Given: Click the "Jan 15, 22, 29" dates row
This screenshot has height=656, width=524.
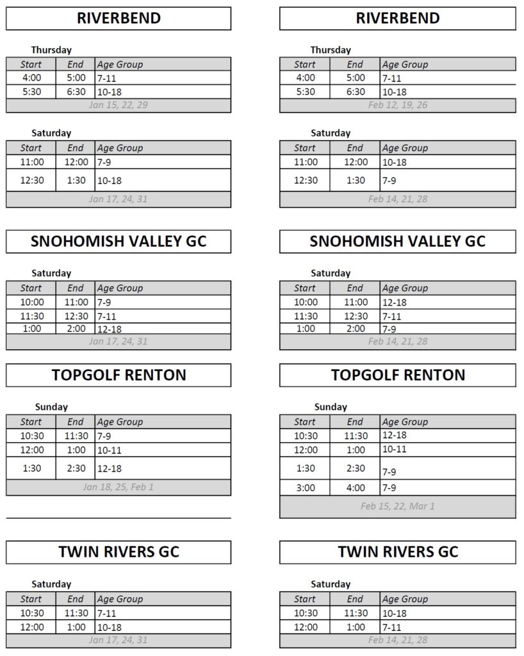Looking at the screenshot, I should [x=119, y=105].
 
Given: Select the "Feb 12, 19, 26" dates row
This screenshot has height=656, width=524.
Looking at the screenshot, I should [x=397, y=105].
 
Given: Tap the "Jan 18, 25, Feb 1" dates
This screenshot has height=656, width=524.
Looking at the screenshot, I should [x=119, y=487].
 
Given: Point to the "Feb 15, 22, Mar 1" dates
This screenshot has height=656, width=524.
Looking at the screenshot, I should [x=397, y=506].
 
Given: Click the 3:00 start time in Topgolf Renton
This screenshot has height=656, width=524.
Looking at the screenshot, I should [x=305, y=488].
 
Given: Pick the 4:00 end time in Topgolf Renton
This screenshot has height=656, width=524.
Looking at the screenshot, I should [x=355, y=488].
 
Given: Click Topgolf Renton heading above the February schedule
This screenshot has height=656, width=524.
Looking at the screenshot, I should [x=397, y=375].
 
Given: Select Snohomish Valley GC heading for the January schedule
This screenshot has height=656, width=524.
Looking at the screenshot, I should [x=119, y=242].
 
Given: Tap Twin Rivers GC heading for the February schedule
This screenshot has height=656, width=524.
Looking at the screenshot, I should [x=397, y=552].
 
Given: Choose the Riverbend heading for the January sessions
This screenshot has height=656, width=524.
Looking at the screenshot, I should [x=119, y=18].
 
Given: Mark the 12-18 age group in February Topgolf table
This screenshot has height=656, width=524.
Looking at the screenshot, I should [x=394, y=435].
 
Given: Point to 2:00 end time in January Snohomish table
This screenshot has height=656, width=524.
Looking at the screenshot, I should [x=76, y=329].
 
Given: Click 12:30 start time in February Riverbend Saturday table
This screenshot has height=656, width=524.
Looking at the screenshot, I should [x=305, y=180].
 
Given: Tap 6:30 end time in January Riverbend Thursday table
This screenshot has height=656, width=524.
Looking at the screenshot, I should [x=76, y=92].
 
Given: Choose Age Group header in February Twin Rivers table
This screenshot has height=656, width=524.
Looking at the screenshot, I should [x=405, y=599].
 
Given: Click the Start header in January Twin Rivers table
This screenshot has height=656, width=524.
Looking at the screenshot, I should [x=31, y=599].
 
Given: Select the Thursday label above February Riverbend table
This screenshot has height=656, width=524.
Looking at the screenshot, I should [x=331, y=50].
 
